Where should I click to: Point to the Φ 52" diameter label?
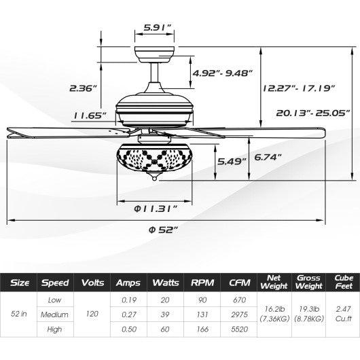[162, 228]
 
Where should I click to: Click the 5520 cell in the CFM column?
[238, 329]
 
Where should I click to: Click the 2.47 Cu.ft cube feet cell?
[338, 314]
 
